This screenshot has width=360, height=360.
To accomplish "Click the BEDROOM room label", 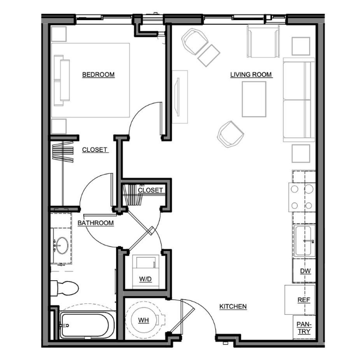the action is (x=98, y=75).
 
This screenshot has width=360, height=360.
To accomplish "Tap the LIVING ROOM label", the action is (x=251, y=75).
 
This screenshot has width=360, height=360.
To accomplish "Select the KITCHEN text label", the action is (x=233, y=307).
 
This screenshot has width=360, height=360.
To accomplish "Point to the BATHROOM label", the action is (x=96, y=223).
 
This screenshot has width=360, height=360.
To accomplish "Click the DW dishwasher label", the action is (x=305, y=271).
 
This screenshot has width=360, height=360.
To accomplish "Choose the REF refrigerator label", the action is (x=304, y=300).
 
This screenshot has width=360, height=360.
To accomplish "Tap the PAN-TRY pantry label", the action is (x=304, y=328).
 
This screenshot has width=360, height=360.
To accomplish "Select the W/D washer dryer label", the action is (x=146, y=279).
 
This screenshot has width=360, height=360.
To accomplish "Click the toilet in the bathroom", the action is (x=64, y=288).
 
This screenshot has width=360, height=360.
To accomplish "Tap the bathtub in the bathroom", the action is (x=87, y=326).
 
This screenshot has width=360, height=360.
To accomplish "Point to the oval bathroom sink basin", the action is (x=62, y=245).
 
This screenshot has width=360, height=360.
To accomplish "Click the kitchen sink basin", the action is (x=303, y=241).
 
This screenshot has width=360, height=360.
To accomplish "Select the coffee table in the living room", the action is (x=254, y=99).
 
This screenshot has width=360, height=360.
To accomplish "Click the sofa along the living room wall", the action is (x=299, y=100).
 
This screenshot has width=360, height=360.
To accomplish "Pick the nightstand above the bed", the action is (x=59, y=34).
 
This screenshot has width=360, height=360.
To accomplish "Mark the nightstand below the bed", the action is (x=59, y=127).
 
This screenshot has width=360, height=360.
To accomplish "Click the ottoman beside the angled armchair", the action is (x=209, y=56).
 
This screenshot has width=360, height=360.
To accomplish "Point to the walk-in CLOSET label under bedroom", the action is (x=95, y=150).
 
